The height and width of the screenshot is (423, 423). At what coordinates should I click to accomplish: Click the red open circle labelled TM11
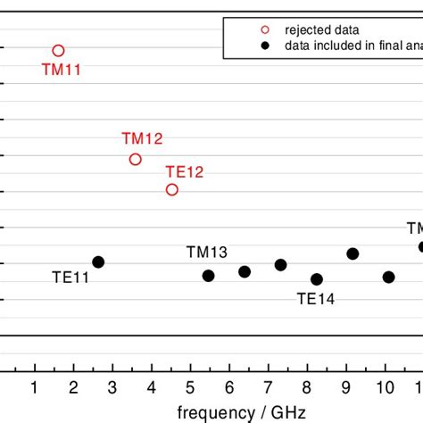tap(59, 51)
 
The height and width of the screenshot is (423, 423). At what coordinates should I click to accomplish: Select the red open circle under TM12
tap(136, 159)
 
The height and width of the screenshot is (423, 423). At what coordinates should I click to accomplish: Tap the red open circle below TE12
tap(172, 189)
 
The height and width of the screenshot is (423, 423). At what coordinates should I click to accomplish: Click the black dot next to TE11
tap(98, 261)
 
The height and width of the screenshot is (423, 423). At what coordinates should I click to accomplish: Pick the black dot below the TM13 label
tap(208, 276)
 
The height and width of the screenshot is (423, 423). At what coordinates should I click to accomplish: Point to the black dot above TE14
tap(317, 279)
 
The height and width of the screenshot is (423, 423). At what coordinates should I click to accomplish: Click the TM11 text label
tap(62, 69)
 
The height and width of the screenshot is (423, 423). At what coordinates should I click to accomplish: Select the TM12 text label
tap(142, 138)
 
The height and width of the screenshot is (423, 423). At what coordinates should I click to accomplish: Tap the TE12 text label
tap(185, 171)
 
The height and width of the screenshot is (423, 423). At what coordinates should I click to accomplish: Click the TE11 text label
tap(69, 278)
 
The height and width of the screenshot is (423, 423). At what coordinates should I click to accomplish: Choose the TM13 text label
tap(206, 253)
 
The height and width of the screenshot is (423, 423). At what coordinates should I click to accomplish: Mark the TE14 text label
tap(316, 300)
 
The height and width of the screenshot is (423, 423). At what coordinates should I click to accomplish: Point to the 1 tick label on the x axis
tap(35, 386)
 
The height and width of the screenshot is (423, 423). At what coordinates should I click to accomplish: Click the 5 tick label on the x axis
tap(190, 386)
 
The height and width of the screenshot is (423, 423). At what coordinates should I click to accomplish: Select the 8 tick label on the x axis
tap(307, 386)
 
